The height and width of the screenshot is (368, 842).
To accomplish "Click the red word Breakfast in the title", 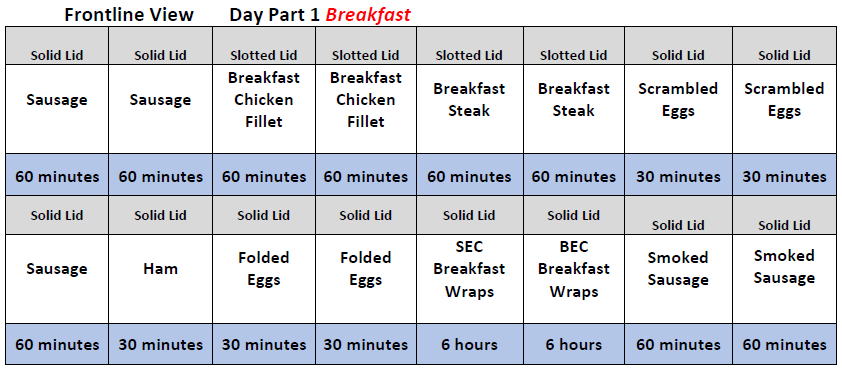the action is (x=368, y=15).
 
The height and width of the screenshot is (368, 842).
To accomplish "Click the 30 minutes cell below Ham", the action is (x=160, y=344).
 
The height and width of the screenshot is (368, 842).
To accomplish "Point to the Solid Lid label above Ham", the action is (x=160, y=215).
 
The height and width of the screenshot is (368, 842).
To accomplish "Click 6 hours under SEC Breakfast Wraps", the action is (x=469, y=344).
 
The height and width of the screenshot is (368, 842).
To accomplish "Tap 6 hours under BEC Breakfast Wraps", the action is (x=574, y=344).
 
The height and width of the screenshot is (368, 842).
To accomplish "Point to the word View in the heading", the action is (x=173, y=15).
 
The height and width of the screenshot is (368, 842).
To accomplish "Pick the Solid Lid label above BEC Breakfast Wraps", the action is (x=574, y=215).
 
